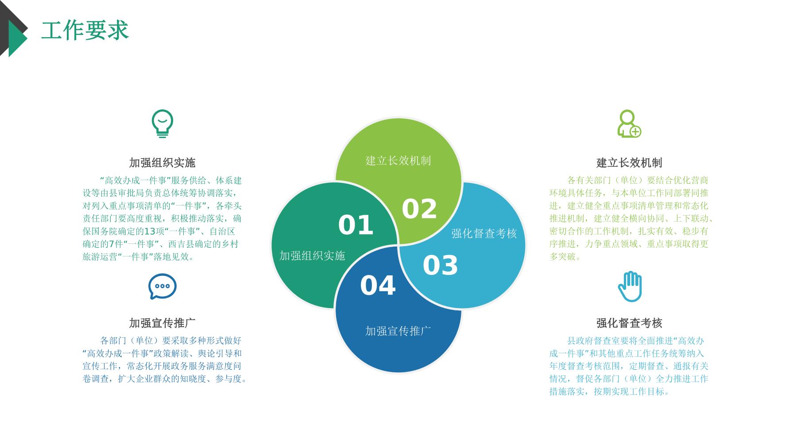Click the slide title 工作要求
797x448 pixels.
tap(85, 31)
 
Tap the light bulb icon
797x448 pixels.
tap(162, 124)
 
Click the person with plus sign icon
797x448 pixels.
tap(629, 124)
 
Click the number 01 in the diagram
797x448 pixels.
tap(356, 225)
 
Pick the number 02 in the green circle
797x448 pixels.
tap(419, 209)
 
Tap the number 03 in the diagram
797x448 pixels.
tap(440, 266)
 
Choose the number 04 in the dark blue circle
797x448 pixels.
tap(378, 286)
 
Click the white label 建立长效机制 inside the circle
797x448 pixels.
tap(398, 161)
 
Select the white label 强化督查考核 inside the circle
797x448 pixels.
tap(484, 233)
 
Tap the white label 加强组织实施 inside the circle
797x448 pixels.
tap(312, 255)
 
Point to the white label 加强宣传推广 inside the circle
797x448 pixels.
tap(398, 331)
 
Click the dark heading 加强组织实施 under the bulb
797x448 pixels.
tap(162, 163)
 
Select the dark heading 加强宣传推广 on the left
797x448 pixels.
tap(162, 323)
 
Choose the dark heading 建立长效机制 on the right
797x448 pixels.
tap(629, 163)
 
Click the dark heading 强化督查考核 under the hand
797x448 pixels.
tap(629, 323)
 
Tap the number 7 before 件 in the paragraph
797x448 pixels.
tap(112, 244)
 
